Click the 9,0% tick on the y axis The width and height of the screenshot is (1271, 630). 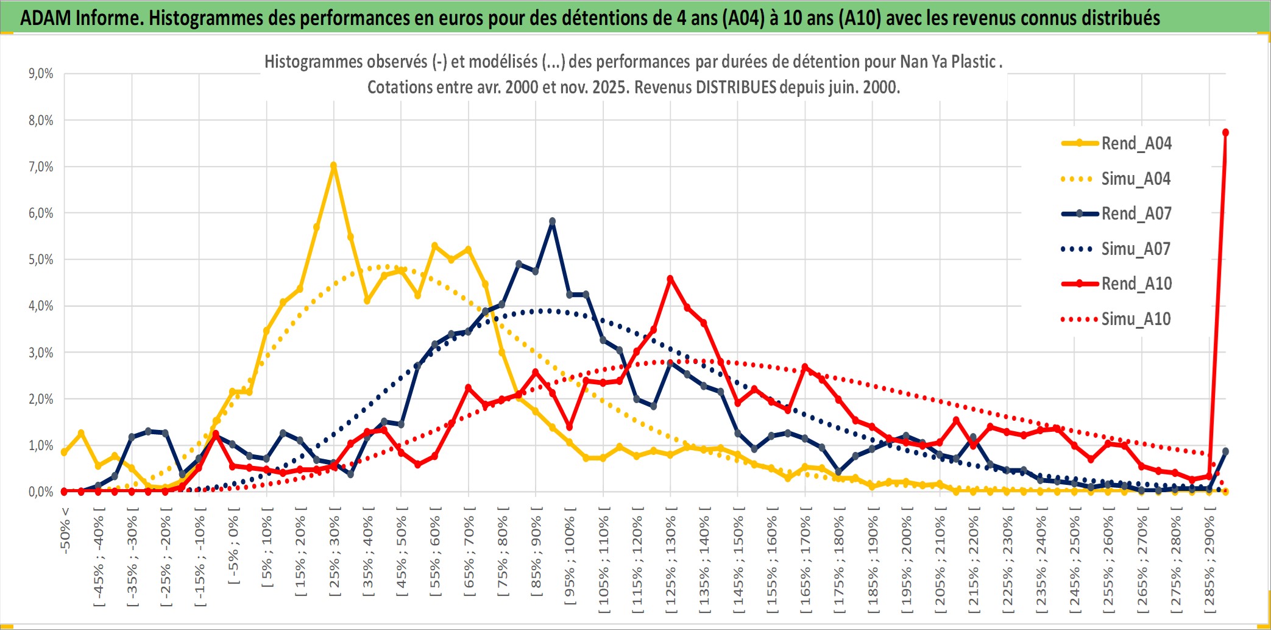pos(41,74)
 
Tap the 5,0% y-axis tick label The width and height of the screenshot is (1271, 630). pos(41,260)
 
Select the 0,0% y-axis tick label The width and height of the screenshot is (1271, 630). pos(41,492)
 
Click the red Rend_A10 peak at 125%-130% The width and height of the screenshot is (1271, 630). pos(670,279)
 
